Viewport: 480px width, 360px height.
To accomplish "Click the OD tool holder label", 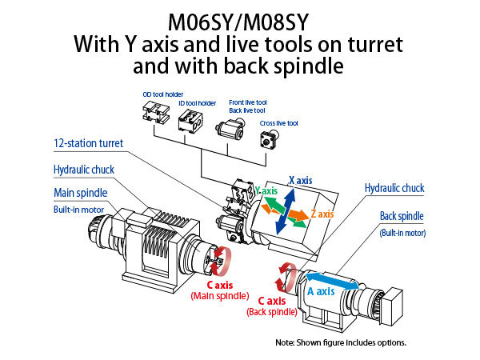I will point(158,94).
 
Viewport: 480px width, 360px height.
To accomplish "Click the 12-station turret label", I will point(89,144).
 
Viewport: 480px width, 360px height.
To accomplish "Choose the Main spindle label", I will point(80,193).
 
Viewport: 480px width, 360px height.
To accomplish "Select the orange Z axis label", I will point(324,214).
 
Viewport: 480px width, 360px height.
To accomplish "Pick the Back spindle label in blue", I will point(402,217).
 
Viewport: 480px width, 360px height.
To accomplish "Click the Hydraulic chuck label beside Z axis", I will point(394,188).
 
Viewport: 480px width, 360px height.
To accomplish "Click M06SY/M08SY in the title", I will point(238,19).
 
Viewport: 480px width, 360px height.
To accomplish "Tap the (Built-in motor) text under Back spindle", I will point(402,233).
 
